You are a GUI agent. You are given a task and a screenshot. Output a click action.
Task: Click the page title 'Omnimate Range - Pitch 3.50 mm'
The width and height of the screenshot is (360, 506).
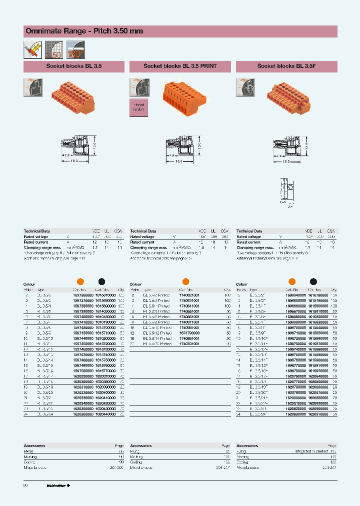pos(84,31)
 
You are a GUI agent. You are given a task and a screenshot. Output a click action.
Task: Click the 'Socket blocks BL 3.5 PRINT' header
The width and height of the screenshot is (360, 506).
pos(180,66)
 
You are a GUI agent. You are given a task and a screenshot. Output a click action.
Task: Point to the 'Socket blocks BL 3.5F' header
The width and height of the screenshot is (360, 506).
pos(286,66)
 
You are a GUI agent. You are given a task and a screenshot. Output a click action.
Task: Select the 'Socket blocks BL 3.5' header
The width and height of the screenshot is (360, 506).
pos(73,66)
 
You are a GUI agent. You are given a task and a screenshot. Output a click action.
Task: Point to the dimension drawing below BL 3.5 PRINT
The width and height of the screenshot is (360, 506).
pos(183,148)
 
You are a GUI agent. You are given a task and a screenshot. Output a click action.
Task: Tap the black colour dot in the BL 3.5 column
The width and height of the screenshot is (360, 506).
pos(101,281)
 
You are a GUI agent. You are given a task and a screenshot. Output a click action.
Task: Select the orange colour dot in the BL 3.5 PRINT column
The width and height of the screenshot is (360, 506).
pos(185,281)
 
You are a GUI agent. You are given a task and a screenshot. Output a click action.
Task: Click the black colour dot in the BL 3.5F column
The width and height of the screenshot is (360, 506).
pos(313,281)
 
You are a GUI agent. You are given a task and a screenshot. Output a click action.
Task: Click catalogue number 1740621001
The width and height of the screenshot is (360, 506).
pos(187,295)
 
